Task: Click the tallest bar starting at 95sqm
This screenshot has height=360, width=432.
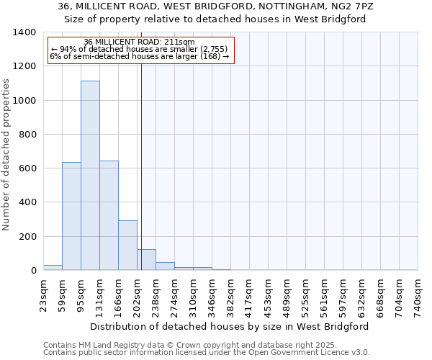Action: (90, 176)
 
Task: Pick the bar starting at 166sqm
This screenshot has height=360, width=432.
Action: (127, 246)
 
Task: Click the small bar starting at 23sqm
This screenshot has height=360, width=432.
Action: (53, 267)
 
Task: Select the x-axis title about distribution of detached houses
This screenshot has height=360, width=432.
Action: (230, 326)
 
